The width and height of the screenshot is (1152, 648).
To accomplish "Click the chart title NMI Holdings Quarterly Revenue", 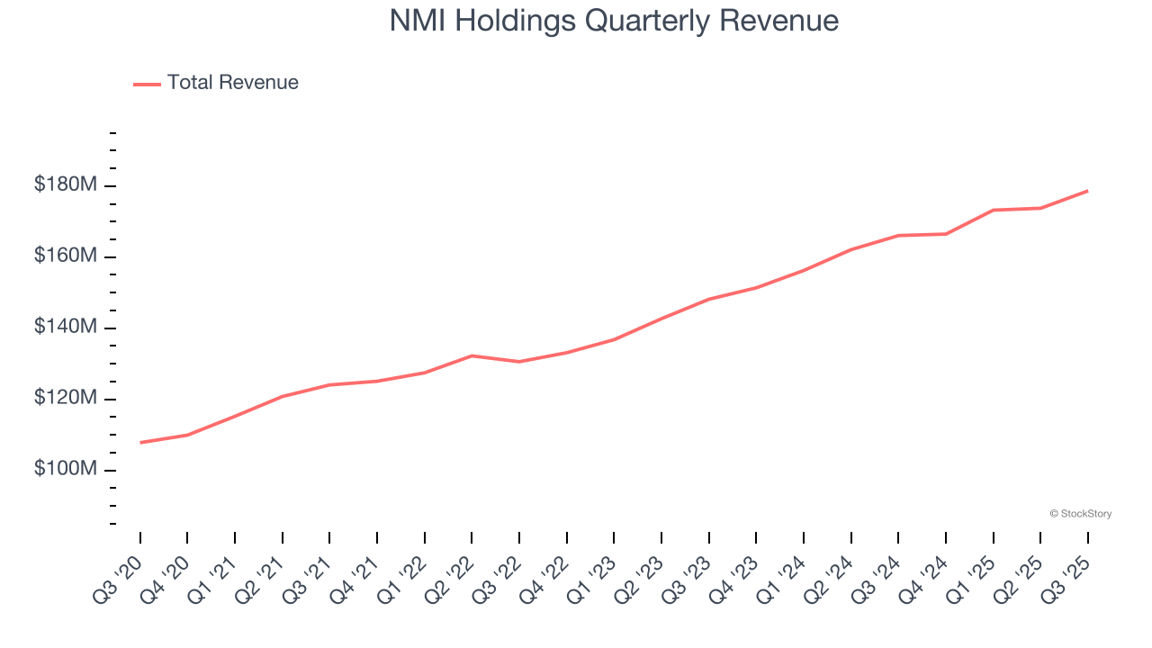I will click(x=614, y=21).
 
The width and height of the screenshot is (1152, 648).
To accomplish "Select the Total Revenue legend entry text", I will click(x=232, y=83).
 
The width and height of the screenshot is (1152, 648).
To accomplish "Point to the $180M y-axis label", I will click(x=66, y=185).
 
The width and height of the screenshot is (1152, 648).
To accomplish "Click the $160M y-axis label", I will click(x=66, y=256).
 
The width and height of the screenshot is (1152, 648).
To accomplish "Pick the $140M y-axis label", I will click(x=66, y=328).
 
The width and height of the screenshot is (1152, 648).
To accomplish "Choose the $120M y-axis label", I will click(x=66, y=399).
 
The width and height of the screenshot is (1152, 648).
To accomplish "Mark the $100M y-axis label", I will click(x=66, y=470).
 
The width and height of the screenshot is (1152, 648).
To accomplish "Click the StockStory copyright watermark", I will click(x=1080, y=514).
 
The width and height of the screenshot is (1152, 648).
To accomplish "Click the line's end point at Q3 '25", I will click(x=1087, y=191).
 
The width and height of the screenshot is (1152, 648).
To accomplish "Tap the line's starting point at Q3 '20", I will click(x=140, y=442).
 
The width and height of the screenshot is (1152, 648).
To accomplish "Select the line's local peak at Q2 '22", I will click(x=472, y=355).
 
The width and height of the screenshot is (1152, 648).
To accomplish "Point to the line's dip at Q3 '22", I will click(x=519, y=362).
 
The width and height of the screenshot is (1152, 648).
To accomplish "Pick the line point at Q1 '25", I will click(x=993, y=210).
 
